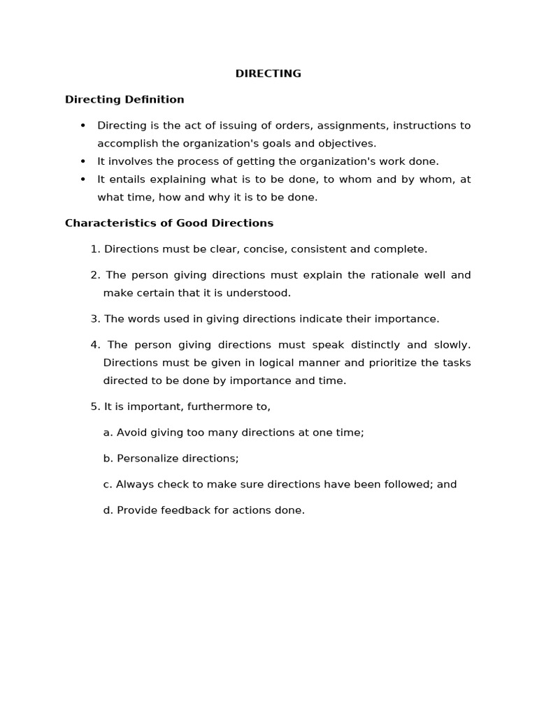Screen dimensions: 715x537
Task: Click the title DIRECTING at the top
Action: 268,73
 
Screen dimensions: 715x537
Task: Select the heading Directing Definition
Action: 124,99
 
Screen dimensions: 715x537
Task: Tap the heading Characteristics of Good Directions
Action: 169,223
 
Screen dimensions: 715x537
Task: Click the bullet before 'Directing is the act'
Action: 83,126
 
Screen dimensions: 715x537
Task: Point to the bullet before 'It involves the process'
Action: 83,161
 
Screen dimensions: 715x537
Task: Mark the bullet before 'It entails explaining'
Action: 83,179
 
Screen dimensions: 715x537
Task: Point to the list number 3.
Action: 95,319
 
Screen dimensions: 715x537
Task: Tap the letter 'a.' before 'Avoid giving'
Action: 108,432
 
